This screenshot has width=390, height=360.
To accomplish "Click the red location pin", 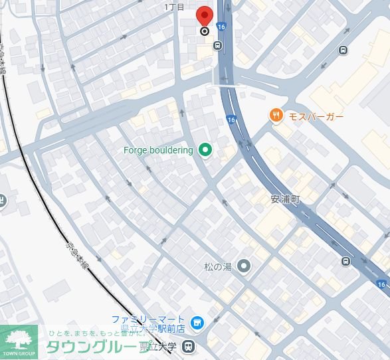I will pyautogui.click(x=204, y=15).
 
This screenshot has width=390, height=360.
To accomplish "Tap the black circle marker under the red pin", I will pyautogui.click(x=204, y=31).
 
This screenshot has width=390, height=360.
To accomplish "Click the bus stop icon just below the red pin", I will pyautogui.click(x=217, y=45).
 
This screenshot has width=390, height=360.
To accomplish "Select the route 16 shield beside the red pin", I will pyautogui.click(x=221, y=27).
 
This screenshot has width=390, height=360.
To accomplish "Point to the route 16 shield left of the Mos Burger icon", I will pyautogui.click(x=231, y=120).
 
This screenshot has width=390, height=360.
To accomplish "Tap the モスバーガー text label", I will pyautogui.click(x=316, y=117).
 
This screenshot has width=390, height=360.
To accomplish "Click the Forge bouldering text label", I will pyautogui.click(x=158, y=150).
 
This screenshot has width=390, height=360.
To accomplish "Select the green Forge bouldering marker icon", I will pyautogui.click(x=205, y=150).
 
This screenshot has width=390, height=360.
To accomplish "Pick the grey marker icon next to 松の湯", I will pyautogui.click(x=244, y=267).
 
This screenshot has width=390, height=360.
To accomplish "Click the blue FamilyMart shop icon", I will pyautogui.click(x=196, y=323).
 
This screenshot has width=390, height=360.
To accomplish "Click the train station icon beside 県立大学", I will pyautogui.click(x=189, y=345).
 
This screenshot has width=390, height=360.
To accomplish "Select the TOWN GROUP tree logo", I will pyautogui.click(x=18, y=340).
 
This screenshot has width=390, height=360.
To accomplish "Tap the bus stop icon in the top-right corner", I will pyautogui.click(x=343, y=50).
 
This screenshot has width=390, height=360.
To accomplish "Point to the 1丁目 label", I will pyautogui.click(x=174, y=7).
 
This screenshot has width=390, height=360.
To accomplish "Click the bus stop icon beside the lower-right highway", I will pyautogui.click(x=345, y=261).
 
